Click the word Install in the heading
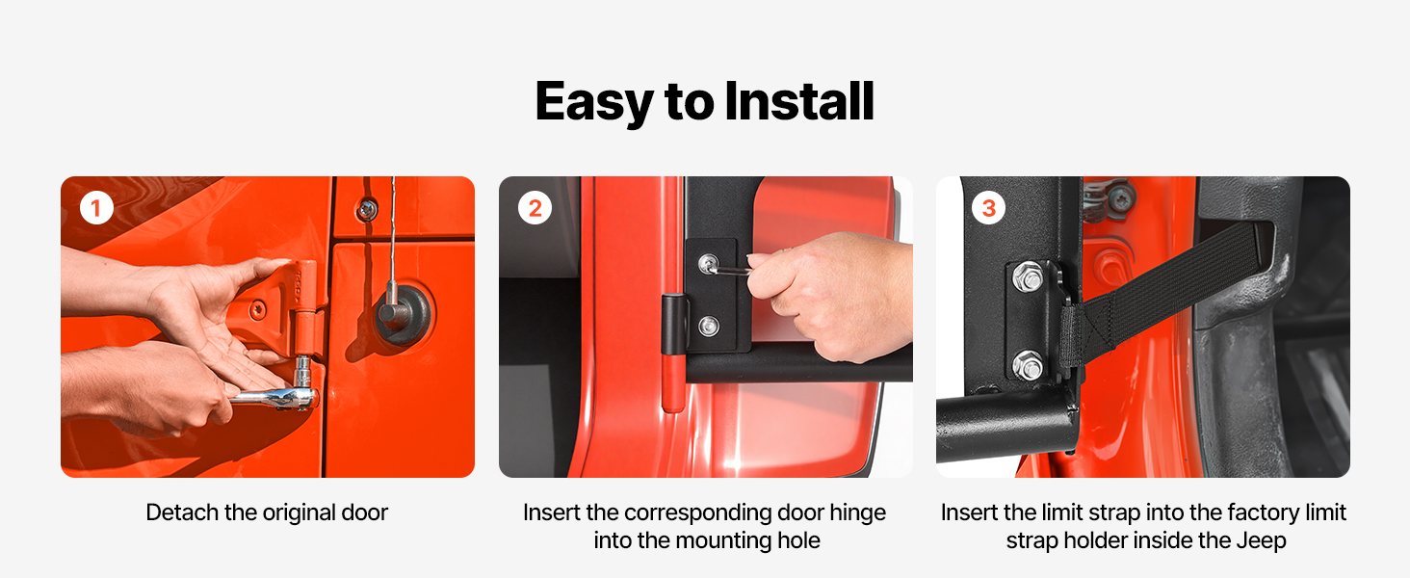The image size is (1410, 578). tap(798, 101)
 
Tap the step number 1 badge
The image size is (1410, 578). tap(96, 208)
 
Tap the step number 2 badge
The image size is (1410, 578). tap(535, 208)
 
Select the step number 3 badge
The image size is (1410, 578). tap(988, 208)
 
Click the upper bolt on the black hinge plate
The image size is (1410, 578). tap(708, 263)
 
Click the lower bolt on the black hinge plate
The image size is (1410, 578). tap(709, 326)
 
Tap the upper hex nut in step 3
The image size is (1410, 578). tap(1028, 277)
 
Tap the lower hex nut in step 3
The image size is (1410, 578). tap(1028, 366)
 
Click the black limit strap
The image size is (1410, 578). tap(1164, 291)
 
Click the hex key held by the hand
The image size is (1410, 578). tap(731, 270)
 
